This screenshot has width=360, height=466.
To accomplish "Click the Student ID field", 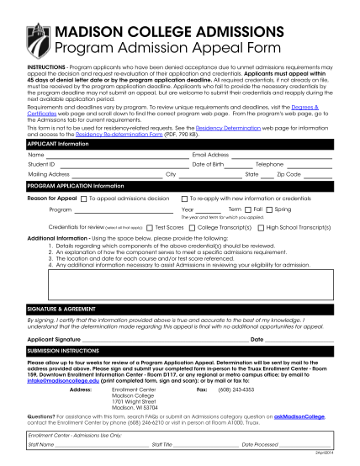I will [109, 165].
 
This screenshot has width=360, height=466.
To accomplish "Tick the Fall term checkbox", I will [249, 209].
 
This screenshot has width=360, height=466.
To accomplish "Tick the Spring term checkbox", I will [270, 209].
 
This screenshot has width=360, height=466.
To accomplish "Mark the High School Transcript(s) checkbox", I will [261, 227].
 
